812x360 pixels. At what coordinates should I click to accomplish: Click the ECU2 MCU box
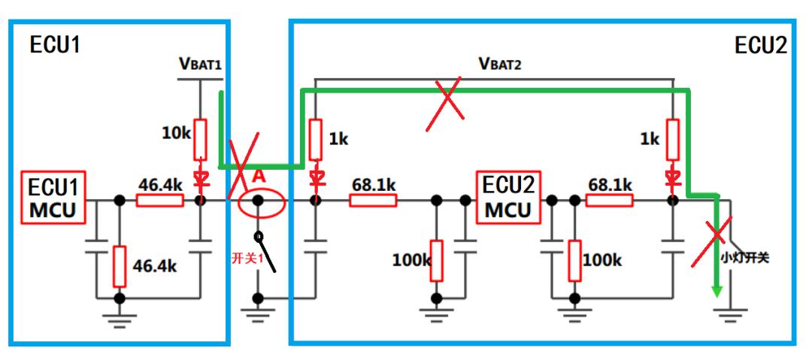[x=508, y=198]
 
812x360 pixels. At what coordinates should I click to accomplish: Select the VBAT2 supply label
[x=500, y=64]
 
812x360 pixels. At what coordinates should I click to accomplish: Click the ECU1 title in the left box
[x=55, y=44]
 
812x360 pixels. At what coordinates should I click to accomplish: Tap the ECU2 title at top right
[x=760, y=46]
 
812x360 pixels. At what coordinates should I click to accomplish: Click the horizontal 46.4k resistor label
[x=159, y=183]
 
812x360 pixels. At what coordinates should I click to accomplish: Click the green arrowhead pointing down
[x=717, y=289]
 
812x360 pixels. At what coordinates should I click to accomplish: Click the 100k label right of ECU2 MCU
[x=601, y=260]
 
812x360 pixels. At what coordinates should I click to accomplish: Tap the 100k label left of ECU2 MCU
[x=412, y=261]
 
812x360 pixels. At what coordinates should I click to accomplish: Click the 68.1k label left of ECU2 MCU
[x=374, y=183]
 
